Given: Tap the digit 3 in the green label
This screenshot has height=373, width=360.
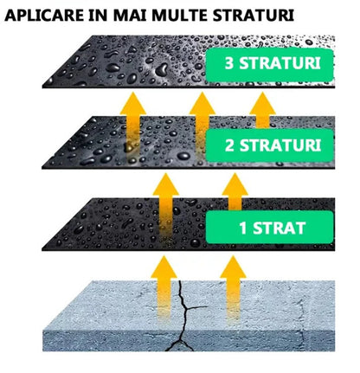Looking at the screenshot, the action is pos(229,63).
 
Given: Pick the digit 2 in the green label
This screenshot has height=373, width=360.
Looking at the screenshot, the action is pos(229,145).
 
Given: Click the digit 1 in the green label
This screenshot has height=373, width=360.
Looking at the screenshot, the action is pos(243,228).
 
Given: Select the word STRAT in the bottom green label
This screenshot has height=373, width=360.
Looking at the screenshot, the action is pos(279,228).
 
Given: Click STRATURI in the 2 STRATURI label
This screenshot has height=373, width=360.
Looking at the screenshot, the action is pos(280,145).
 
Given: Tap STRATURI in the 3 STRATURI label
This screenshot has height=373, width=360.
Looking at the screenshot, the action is pos(280,63).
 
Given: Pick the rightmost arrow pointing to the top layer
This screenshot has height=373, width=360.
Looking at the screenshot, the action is pos(262,110).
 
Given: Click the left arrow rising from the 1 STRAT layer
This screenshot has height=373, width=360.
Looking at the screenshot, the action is pos(166,206).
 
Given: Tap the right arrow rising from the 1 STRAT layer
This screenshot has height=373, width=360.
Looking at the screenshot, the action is pos(235,192).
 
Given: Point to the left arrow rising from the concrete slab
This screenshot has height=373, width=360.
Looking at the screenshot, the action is pos(164,288).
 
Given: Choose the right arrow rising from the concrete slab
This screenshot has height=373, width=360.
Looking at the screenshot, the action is pos(234,290).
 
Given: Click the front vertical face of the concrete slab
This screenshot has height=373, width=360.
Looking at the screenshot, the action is pos(189,340).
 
